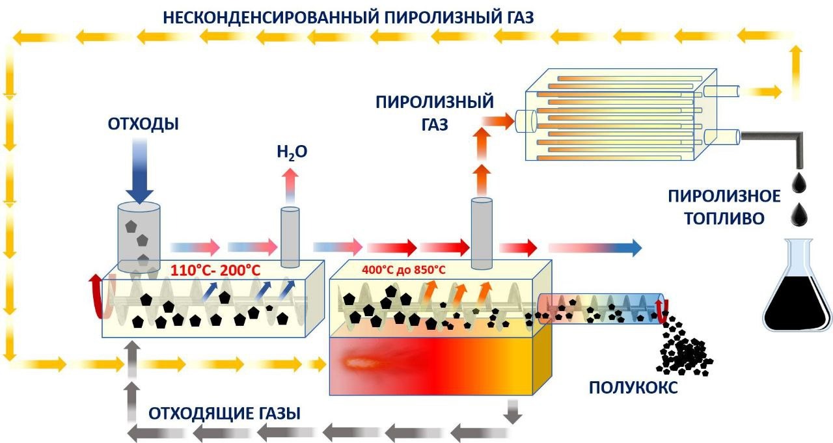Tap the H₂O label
[290, 153]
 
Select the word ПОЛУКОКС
[633, 388]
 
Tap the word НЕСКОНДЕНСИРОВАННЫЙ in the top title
[269, 18]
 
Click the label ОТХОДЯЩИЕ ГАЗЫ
[225, 414]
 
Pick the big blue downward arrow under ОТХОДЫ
[139, 172]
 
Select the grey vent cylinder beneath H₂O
[290, 237]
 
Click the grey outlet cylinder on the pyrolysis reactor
[482, 233]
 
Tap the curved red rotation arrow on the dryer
[96, 296]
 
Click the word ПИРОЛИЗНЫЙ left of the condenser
[434, 102]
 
